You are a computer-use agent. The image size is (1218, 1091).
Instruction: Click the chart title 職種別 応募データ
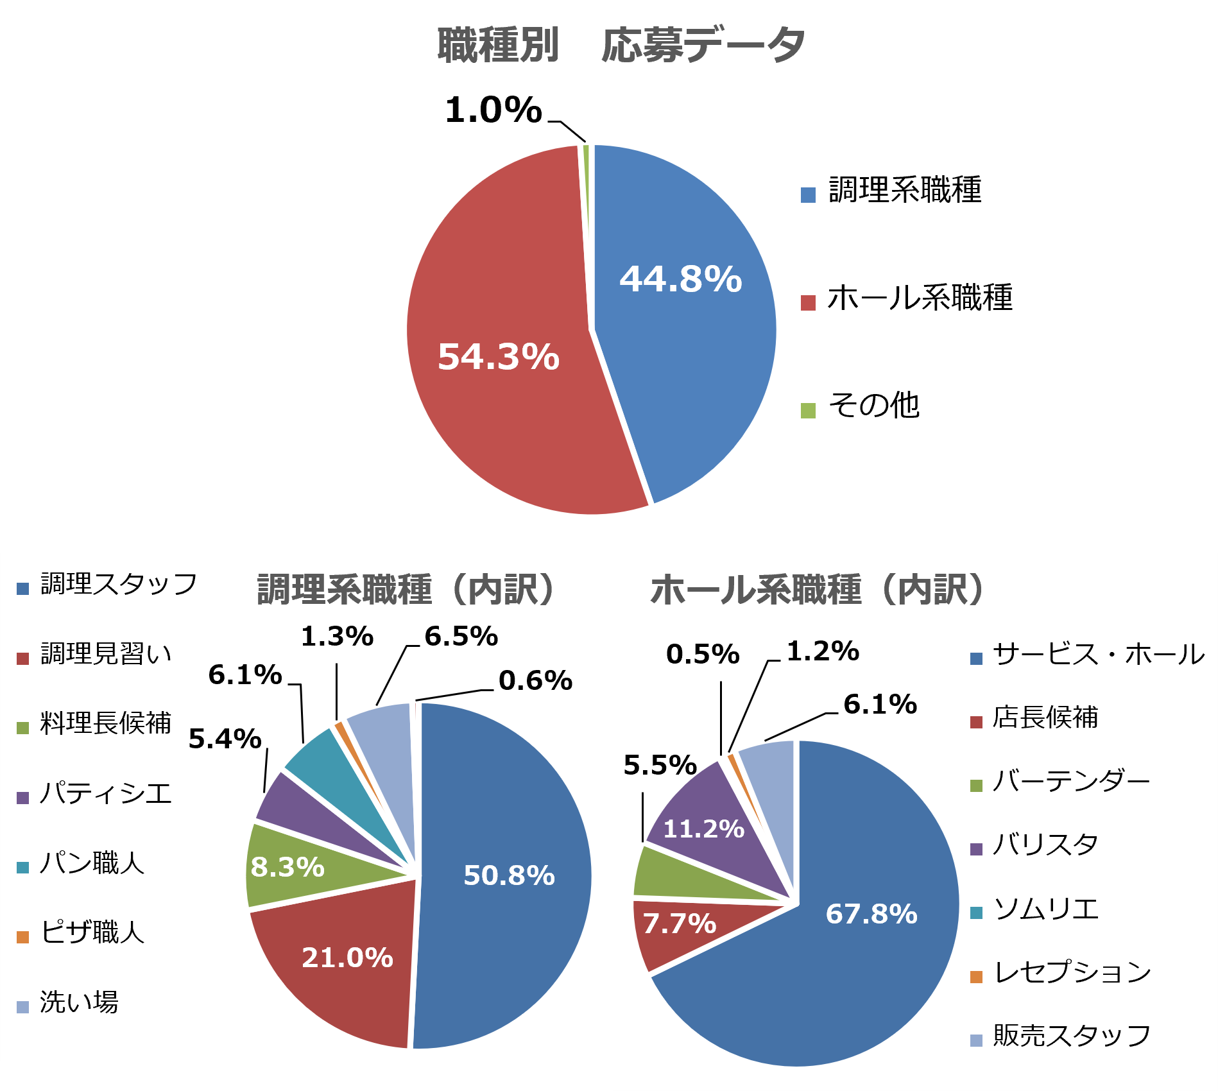[x=621, y=46]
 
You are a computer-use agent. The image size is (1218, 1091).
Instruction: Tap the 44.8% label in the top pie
[x=680, y=279]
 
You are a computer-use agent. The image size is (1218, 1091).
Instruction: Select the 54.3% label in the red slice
[x=499, y=357]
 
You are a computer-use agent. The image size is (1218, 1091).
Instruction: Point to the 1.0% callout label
[x=493, y=110]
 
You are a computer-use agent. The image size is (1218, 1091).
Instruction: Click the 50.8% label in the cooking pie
[x=509, y=875]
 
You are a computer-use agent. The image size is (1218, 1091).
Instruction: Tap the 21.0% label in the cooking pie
[x=347, y=958]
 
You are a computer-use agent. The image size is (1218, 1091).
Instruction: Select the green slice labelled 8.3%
[x=287, y=867]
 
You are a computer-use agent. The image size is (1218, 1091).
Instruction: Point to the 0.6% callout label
[x=535, y=681]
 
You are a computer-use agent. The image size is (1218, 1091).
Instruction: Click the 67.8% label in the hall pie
[x=871, y=914]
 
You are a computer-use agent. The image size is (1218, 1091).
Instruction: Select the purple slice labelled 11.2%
[x=703, y=829]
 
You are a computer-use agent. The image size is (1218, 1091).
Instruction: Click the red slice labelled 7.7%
[x=679, y=924]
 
